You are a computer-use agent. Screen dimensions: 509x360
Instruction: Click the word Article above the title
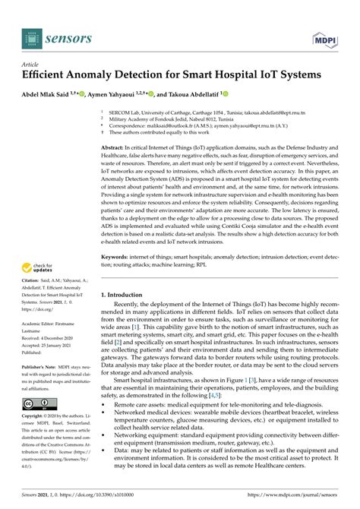pyautogui.click(x=31, y=65)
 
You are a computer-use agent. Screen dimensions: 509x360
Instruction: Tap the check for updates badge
pyautogui.click(x=37, y=267)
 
